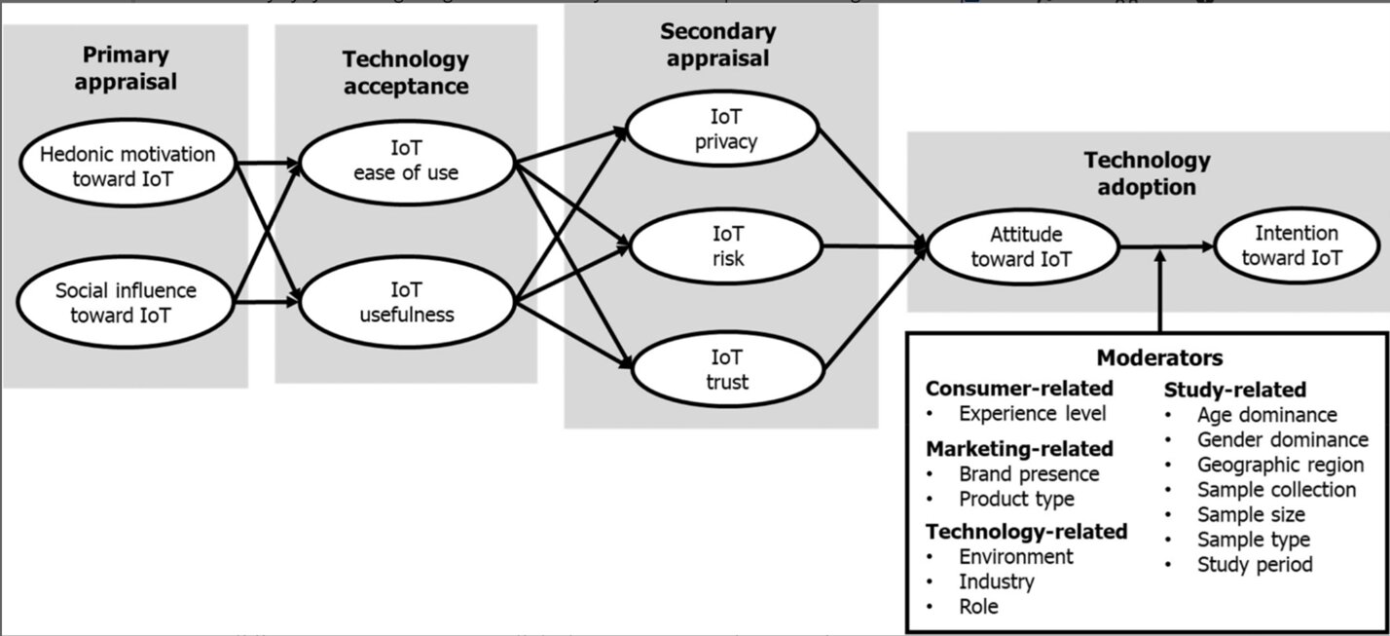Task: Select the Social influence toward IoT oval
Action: tap(126, 302)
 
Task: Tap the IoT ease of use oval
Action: tap(407, 162)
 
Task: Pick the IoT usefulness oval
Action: tap(407, 302)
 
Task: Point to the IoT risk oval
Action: tap(725, 245)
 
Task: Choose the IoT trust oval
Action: tap(725, 369)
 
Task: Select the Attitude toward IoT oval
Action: tap(1025, 247)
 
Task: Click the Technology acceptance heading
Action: tap(405, 73)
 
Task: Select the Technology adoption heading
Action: tap(1147, 173)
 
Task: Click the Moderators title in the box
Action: tap(1159, 357)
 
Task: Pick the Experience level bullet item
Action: tap(1032, 413)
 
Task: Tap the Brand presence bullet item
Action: tap(1028, 474)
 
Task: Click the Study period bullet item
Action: tap(1255, 564)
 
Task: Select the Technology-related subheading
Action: tap(1026, 531)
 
